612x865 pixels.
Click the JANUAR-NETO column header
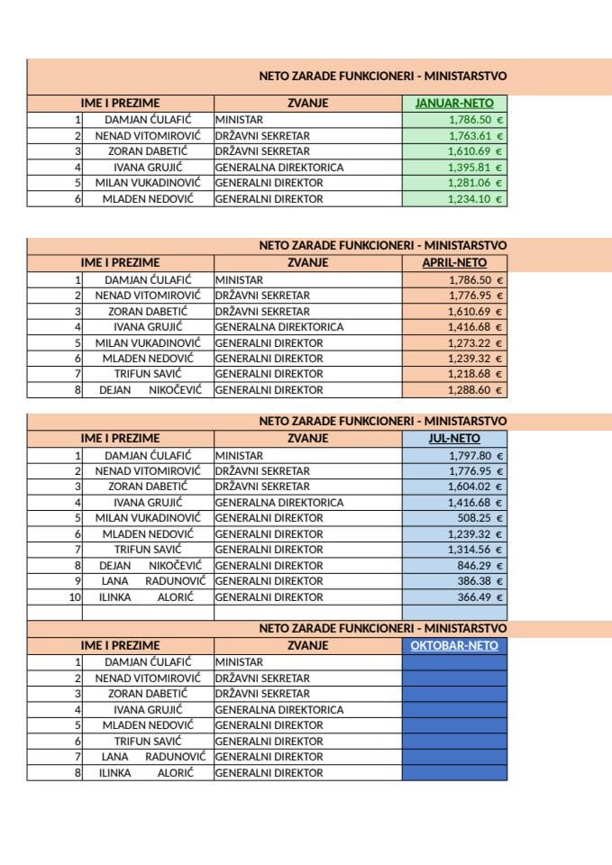pyautogui.click(x=454, y=104)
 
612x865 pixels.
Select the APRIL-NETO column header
pyautogui.click(x=454, y=263)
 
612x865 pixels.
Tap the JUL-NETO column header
pyautogui.click(x=454, y=439)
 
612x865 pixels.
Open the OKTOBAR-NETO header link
pyautogui.click(x=454, y=645)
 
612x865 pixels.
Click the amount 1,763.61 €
pyautogui.click(x=475, y=136)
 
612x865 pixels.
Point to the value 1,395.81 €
pyautogui.click(x=475, y=168)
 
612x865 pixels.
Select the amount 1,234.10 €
pyautogui.click(x=475, y=199)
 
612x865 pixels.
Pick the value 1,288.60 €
pyautogui.click(x=475, y=390)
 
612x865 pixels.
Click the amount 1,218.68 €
pyautogui.click(x=475, y=374)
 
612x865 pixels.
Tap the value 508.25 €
pyautogui.click(x=480, y=518)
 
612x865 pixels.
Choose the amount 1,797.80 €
pyautogui.click(x=475, y=455)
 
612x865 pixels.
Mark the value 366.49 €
pyautogui.click(x=480, y=596)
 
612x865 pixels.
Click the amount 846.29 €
pyautogui.click(x=480, y=565)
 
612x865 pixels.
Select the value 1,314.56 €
pyautogui.click(x=475, y=550)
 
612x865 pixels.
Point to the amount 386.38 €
pyautogui.click(x=480, y=581)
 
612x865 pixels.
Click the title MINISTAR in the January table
pyautogui.click(x=239, y=120)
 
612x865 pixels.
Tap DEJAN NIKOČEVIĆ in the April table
pyautogui.click(x=148, y=390)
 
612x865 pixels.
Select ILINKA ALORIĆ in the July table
pyautogui.click(x=148, y=596)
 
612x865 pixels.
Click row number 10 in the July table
pyautogui.click(x=75, y=596)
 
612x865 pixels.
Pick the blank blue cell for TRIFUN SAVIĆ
pyautogui.click(x=454, y=741)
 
